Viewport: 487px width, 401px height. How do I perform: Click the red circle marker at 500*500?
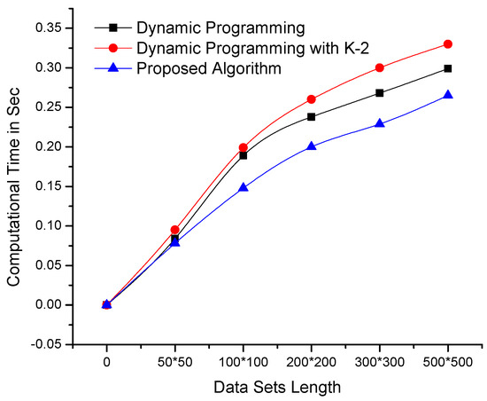(448, 43)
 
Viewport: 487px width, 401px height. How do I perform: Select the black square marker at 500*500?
(448, 68)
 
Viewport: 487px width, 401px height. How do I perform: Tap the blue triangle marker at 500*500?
(448, 94)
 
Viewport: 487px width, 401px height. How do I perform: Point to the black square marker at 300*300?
(380, 92)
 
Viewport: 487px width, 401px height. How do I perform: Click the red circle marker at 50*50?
(175, 230)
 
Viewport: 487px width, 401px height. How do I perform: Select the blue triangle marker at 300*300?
(380, 123)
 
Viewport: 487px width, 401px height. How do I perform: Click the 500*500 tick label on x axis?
(448, 364)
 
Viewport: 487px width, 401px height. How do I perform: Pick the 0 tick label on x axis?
(107, 364)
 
